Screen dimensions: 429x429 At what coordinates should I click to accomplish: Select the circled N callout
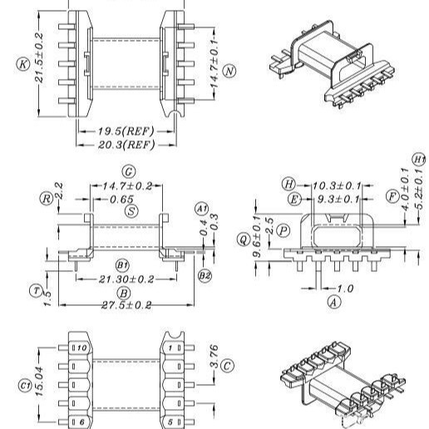coord(229,71)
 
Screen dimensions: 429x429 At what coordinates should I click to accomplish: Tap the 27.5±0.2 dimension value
coord(125,305)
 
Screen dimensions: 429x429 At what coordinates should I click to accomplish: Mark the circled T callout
coord(36,290)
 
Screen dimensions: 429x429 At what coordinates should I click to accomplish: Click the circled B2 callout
coord(203,274)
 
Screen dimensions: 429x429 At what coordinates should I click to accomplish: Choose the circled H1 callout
coord(418,160)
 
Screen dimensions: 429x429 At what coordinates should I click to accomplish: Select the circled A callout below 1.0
coord(333,302)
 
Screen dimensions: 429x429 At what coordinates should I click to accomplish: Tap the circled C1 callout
coord(24,385)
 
